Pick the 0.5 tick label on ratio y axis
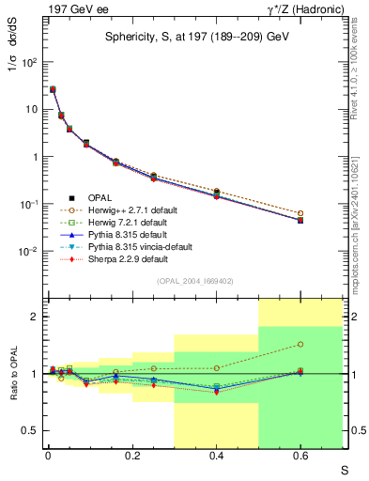pyautogui.click(x=28, y=430)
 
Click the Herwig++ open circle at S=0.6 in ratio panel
pyautogui.click(x=300, y=344)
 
